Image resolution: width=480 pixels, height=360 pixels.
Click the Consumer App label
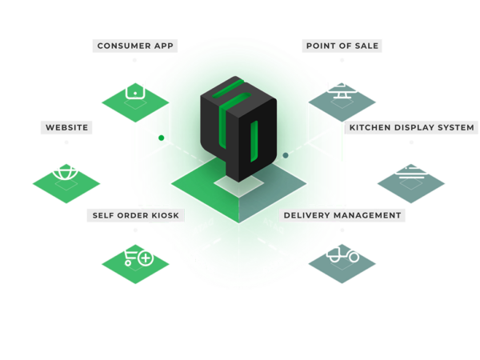(x=135, y=46)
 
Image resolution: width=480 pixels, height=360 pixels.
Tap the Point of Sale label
(x=342, y=46)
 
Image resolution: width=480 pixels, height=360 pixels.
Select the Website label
(x=66, y=127)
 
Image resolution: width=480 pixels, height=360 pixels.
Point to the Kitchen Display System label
(x=411, y=127)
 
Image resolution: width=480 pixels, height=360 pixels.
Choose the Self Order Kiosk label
(x=136, y=215)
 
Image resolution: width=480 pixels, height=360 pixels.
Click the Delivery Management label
(x=342, y=215)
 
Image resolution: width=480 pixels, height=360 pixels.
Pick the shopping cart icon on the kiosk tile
(x=130, y=256)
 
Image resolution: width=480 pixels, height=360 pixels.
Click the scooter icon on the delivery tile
(x=342, y=257)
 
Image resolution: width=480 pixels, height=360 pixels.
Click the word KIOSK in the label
(x=166, y=215)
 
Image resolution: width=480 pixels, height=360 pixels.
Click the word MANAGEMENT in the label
(x=369, y=215)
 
